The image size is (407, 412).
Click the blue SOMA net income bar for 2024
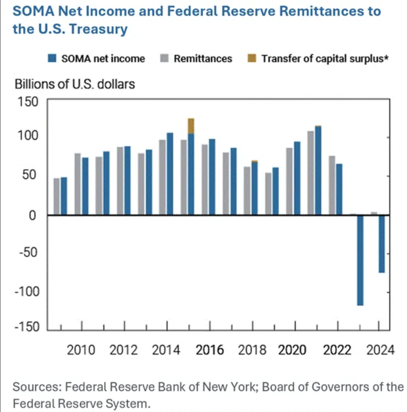tap(381, 244)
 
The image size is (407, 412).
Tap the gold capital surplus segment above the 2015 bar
tap(191, 126)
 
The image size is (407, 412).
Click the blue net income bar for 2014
tap(170, 174)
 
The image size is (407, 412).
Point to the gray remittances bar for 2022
tap(332, 185)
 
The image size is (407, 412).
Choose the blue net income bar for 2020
tap(297, 178)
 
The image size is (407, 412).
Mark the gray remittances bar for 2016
tap(205, 180)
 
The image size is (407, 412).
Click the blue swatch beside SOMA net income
tap(53, 59)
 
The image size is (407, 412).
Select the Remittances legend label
tap(203, 59)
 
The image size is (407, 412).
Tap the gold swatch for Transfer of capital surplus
tap(252, 59)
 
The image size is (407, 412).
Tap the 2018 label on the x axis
tap(252, 350)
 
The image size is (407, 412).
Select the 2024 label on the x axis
tap(380, 350)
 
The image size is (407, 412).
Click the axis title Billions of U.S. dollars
tap(74, 84)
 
